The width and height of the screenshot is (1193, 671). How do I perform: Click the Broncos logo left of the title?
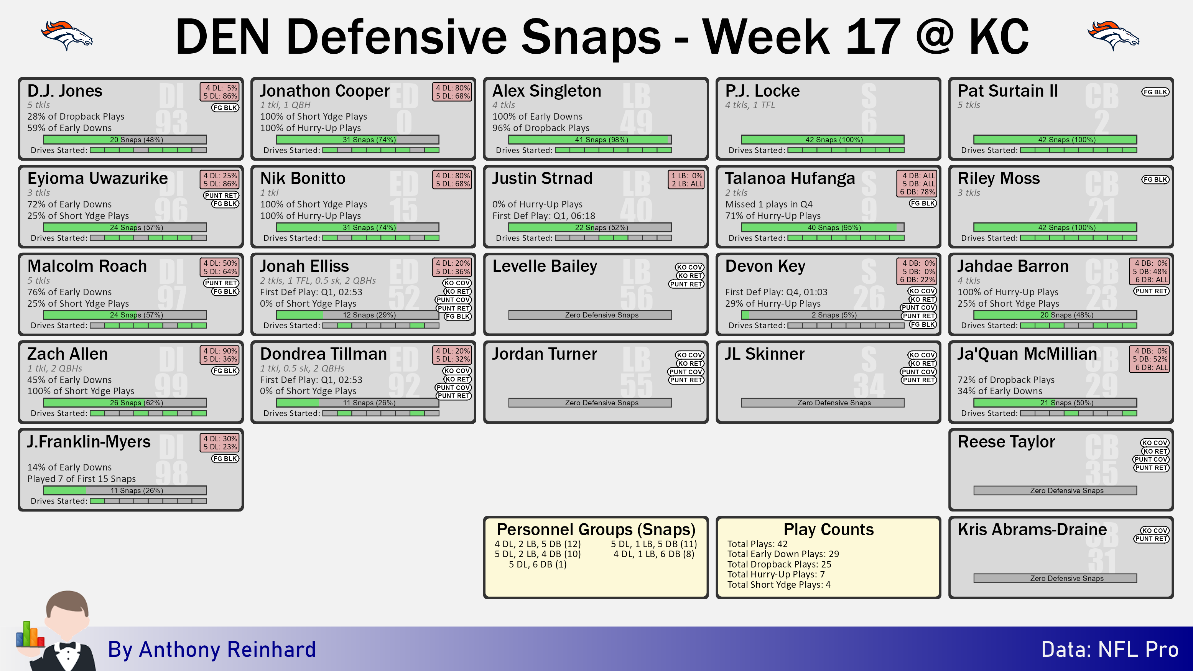67,36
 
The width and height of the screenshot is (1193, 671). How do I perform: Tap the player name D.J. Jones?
65,91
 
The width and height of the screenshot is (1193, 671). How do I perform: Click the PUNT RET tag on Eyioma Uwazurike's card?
221,196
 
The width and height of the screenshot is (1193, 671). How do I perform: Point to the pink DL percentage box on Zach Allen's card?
220,355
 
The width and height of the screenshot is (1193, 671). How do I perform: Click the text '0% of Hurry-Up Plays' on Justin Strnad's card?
537,204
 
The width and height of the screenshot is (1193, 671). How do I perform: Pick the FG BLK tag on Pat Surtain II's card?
1155,92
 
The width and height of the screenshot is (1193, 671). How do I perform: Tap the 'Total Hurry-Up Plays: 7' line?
775,574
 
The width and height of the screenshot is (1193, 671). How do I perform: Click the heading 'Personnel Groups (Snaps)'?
596,529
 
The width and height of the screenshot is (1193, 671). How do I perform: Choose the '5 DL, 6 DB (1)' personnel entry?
537,564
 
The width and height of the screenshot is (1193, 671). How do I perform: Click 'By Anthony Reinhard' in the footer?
212,649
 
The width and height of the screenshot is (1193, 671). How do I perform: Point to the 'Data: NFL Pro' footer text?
1110,649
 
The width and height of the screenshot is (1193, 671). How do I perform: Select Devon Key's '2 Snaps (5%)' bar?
822,315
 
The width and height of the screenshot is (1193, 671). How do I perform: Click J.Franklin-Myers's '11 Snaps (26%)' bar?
125,490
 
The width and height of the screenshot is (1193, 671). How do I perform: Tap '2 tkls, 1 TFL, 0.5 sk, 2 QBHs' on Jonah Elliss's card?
318,281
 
